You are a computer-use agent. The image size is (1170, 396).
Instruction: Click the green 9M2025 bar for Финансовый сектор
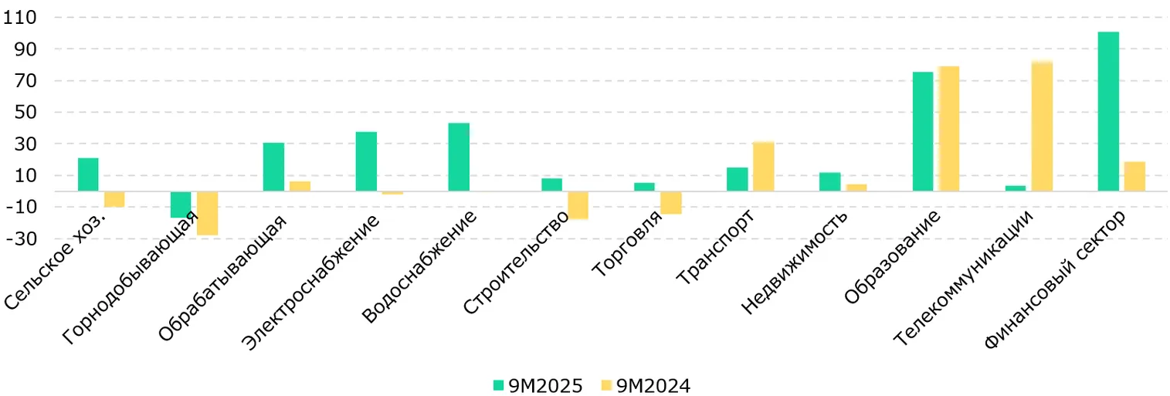tap(1107, 111)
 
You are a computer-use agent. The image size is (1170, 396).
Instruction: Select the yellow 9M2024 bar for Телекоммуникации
tap(1042, 127)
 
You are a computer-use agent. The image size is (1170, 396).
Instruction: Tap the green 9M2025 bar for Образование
tap(922, 131)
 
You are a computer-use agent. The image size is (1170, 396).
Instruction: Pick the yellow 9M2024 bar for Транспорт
tap(763, 166)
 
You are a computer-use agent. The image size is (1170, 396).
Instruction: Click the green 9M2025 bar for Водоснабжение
tap(459, 157)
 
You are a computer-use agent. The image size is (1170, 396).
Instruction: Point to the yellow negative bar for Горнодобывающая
tap(207, 213)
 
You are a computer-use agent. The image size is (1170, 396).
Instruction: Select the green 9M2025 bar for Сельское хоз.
tap(88, 174)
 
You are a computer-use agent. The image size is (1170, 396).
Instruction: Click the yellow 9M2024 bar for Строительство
tap(578, 205)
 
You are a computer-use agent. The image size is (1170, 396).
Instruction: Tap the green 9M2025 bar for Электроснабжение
tap(366, 161)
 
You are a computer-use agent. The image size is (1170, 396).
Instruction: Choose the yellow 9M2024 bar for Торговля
tap(670, 202)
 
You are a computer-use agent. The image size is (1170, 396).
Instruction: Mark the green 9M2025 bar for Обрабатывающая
tap(273, 167)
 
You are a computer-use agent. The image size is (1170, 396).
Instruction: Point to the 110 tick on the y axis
tap(22, 17)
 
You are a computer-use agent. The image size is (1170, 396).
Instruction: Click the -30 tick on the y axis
tap(22, 239)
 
